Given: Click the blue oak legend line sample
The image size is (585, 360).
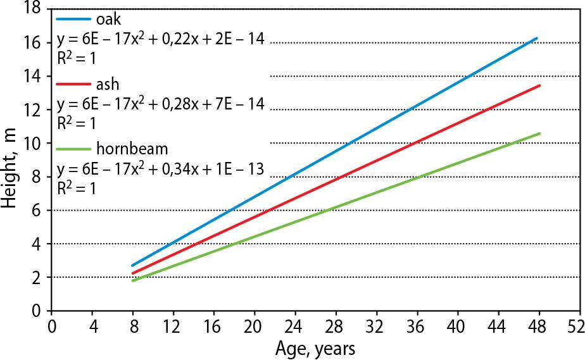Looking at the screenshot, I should [73, 18].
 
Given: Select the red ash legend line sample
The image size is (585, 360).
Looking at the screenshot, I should [73, 84].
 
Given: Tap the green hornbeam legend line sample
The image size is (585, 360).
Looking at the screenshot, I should [73, 150].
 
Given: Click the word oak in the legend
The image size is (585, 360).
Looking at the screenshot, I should [109, 18].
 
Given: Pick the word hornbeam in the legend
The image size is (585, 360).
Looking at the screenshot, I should [132, 150].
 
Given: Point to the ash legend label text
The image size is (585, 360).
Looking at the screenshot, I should [108, 84].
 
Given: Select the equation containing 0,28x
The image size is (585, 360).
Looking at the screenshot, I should [161, 105].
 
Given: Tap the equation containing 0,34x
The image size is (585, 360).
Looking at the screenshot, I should [161, 171].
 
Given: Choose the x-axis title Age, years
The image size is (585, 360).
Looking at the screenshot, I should [315, 348].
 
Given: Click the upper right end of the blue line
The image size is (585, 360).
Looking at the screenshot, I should [536, 39].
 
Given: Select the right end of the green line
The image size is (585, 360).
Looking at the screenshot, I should [539, 133].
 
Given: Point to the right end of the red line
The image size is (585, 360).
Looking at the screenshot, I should [539, 85].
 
